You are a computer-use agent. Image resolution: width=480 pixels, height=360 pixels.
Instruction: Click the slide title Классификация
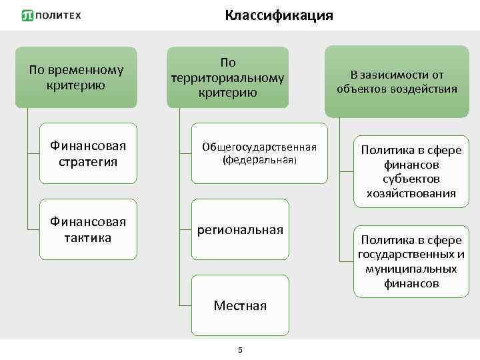point(279,15)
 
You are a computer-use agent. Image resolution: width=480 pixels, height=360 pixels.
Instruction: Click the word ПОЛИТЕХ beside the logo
point(58,15)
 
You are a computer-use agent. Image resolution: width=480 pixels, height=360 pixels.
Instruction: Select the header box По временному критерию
point(76,77)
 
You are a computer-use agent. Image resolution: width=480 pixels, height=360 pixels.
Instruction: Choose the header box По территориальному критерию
point(227,77)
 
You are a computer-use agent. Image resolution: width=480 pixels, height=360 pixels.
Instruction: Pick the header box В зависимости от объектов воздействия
point(397,81)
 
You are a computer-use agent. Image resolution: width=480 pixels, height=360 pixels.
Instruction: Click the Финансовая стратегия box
point(88,153)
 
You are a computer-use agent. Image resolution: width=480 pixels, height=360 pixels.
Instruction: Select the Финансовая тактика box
point(88,229)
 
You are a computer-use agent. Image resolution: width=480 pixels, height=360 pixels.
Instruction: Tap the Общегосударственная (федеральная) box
point(259,153)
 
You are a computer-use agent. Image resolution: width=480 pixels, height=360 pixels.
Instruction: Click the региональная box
point(240,229)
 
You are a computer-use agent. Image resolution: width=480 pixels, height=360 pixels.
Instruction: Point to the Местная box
point(240,305)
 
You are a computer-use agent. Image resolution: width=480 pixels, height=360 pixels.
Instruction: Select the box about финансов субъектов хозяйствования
point(411,171)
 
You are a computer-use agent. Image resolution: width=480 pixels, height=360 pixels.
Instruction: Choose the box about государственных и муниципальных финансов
point(411,261)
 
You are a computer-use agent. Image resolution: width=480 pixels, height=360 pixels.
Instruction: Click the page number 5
point(240,351)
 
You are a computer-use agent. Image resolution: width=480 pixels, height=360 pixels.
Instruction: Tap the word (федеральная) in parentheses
point(259,160)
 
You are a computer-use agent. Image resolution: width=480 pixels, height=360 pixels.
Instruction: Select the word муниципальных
point(411,269)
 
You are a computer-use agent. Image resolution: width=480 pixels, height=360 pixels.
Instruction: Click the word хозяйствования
point(411,193)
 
